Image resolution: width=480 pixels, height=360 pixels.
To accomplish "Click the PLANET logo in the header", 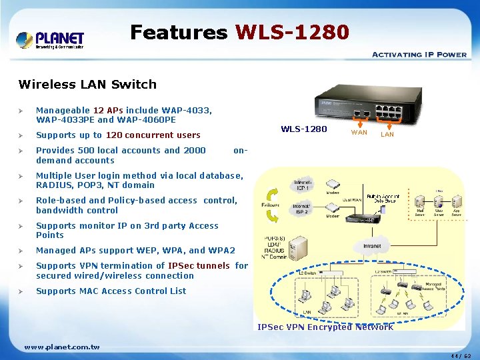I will coord(50,39).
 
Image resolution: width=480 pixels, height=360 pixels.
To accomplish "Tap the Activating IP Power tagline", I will coord(419,55).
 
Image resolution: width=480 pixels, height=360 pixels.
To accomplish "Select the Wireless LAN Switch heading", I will coord(87,84).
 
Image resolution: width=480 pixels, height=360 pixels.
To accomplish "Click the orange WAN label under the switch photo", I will coord(359,134).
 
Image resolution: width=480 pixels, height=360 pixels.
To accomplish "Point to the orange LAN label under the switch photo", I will coord(387,135).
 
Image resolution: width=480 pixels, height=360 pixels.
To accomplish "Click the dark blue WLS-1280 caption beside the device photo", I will coord(304,129).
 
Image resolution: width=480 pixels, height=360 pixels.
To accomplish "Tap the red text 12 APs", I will coord(107,110).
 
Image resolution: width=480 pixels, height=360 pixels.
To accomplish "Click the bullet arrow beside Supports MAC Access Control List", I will coord(22,291).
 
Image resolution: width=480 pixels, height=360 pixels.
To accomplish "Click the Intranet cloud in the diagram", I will coord(372,246).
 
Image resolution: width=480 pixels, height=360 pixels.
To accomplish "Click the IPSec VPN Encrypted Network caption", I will coord(325,327).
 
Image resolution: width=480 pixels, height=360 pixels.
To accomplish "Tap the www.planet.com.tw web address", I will coord(61,347).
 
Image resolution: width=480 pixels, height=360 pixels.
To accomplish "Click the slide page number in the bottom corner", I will coord(461,355).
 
